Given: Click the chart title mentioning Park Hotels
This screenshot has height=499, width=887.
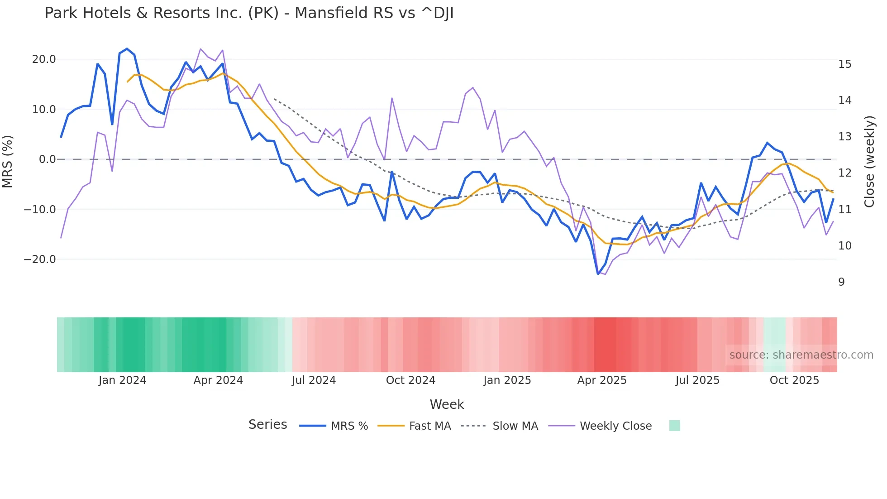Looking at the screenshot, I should pos(249,13).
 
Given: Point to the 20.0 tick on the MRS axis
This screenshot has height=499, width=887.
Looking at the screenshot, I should pos(44,59).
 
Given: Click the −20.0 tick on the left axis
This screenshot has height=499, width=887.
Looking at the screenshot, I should pos(40,259).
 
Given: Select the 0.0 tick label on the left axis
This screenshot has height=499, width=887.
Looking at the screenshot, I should pos(47,159).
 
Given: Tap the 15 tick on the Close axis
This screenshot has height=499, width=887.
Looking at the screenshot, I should pos(844,64).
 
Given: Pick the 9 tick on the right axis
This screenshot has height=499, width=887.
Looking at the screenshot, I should pos(841,282).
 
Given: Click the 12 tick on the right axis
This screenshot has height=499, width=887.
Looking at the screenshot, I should pos(844,173).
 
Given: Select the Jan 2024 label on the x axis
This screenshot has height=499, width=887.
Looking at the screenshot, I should pos(122,380).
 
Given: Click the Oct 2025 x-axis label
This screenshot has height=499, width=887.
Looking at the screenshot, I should pos(794,380).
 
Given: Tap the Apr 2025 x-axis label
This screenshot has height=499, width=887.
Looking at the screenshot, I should pos(601,380).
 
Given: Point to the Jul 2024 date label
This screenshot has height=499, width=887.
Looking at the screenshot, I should pos(314,380).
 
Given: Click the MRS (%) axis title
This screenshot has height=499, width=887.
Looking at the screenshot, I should pos(8,161).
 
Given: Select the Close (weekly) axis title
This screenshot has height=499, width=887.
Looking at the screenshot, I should pos(869,162).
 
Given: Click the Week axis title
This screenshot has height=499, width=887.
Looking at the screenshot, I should pos(447,404).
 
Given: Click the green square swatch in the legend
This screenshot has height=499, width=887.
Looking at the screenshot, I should pos(674,426).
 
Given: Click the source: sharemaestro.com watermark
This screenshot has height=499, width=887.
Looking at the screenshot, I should pos(801,355).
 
